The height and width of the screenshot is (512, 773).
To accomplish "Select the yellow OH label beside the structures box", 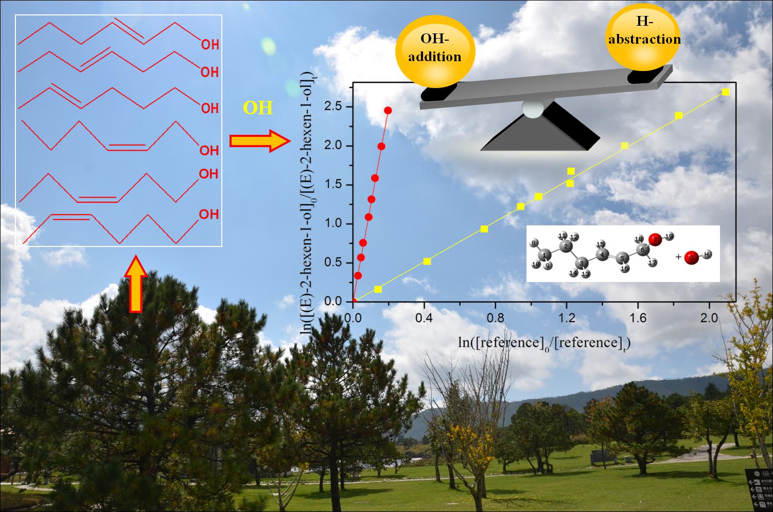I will pyautogui.click(x=258, y=109).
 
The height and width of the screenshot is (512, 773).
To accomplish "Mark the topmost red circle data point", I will pyautogui.click(x=388, y=111).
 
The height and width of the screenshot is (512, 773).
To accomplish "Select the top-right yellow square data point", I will pyautogui.click(x=726, y=92).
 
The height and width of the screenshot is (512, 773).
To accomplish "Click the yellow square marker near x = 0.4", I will pyautogui.click(x=427, y=261).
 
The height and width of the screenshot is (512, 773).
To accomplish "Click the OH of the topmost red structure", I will pyautogui.click(x=209, y=45).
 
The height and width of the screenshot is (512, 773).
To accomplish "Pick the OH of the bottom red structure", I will pyautogui.click(x=208, y=214).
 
